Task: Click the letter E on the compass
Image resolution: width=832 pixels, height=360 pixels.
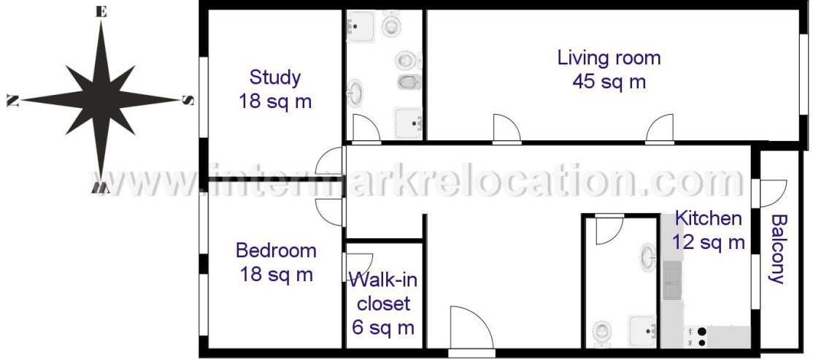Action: [x=101, y=12]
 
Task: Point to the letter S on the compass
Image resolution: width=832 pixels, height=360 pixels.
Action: [x=188, y=100]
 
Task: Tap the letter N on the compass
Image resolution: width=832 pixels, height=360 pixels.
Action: [x=12, y=100]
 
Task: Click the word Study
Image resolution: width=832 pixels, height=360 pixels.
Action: [x=275, y=77]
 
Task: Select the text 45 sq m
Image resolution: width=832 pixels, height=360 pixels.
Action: [x=609, y=82]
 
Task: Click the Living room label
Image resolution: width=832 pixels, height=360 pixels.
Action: [x=609, y=58]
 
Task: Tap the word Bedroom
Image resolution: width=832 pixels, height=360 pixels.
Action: [x=276, y=250]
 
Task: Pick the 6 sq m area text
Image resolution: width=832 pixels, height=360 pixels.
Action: [x=382, y=328]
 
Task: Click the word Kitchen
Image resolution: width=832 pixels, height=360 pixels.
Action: [x=708, y=218]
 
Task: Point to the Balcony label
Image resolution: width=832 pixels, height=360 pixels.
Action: [x=778, y=248]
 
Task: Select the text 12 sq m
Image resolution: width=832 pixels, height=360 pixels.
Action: [x=709, y=242]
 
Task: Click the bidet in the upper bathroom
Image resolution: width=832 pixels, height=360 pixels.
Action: [x=409, y=81]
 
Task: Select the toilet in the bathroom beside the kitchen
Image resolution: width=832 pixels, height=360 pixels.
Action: [x=601, y=332]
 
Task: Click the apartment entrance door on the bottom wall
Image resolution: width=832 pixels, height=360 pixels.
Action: [x=471, y=330]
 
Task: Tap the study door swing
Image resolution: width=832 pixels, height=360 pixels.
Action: [x=330, y=161]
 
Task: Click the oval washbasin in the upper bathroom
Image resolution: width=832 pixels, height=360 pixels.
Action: [x=355, y=93]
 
